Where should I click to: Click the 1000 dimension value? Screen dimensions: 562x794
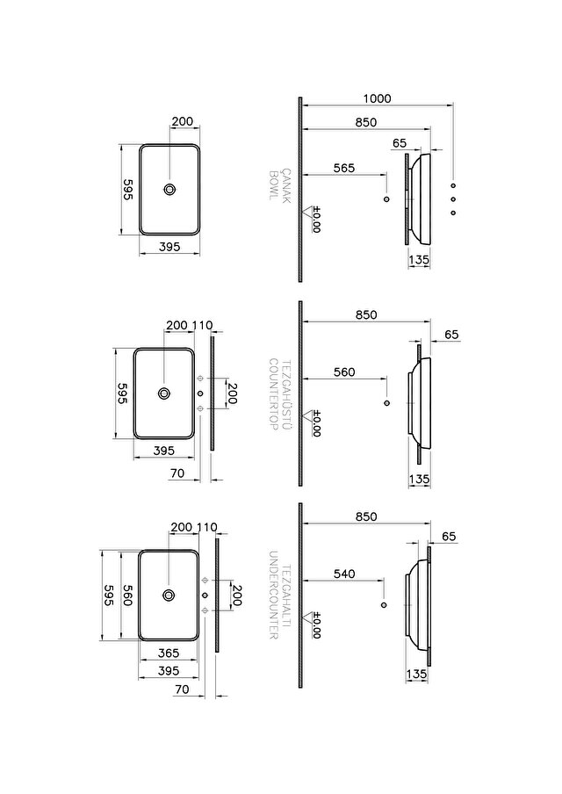378,98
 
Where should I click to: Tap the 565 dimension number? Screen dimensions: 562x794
344,168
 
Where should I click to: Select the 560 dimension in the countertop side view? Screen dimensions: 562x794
344,372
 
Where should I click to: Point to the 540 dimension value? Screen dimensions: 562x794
344,574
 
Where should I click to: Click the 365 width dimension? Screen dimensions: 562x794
168,653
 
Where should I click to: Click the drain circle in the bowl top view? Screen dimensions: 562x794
169,190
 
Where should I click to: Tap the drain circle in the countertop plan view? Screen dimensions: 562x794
164,393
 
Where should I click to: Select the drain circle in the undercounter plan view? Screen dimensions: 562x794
169,595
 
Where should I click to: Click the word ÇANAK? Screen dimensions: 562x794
286,186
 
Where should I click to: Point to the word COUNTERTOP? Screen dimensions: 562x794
273,394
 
